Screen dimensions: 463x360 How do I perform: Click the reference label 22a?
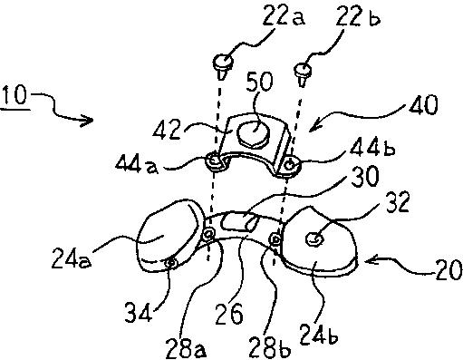[x=284, y=15]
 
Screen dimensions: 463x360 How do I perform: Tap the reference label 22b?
[x=358, y=16]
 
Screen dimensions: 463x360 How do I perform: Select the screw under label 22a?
[x=223, y=66]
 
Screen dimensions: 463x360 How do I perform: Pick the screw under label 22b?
[x=303, y=73]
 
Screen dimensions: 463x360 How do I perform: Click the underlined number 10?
[x=14, y=95]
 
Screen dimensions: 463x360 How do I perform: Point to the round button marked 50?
[x=254, y=133]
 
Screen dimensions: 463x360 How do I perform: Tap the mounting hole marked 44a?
[x=215, y=161]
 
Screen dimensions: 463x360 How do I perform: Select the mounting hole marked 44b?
[x=291, y=165]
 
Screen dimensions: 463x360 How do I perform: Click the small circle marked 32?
[x=315, y=239]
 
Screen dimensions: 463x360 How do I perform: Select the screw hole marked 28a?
[x=208, y=234]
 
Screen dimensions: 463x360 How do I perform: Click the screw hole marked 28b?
[x=275, y=239]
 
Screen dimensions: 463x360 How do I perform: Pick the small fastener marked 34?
[x=171, y=264]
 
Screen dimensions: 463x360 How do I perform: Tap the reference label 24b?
[x=319, y=334]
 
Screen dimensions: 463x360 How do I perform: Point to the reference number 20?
[x=449, y=269]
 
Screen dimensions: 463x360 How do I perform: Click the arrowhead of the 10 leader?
[x=88, y=122]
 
